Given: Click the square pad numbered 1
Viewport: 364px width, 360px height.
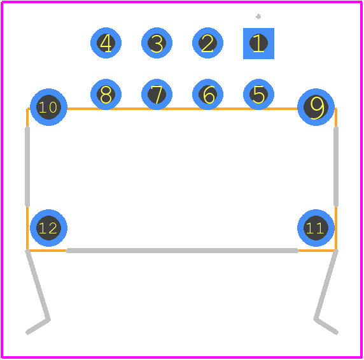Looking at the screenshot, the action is (x=258, y=43).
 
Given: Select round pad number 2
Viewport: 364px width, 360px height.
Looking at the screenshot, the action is (x=207, y=43).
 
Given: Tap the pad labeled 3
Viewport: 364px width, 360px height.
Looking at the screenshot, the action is (x=157, y=43).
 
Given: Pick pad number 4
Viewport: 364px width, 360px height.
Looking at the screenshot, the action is (x=106, y=43).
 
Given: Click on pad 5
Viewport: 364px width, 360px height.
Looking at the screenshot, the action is (x=258, y=94).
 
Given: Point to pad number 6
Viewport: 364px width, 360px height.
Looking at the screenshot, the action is (x=207, y=94).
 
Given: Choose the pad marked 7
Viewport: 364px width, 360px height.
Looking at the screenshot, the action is (x=157, y=94).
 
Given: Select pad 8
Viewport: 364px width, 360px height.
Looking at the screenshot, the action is (x=106, y=94).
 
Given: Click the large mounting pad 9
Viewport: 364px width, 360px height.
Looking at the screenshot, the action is (x=316, y=107).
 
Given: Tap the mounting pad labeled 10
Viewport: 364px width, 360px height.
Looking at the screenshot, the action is (x=48, y=107).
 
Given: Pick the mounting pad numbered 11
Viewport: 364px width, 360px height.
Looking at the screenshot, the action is (x=316, y=228).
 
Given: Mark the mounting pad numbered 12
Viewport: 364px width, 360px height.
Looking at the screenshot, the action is (x=48, y=228).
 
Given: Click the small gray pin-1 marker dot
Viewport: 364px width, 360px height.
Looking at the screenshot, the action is (x=258, y=17).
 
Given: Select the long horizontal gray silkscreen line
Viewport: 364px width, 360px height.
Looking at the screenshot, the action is (x=182, y=251).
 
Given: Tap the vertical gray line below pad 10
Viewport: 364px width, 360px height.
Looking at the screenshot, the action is (x=27, y=166).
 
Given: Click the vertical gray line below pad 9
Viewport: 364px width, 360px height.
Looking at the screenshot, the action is (x=335, y=166).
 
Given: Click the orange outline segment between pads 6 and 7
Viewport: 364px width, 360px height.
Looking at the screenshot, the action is (x=182, y=109).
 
